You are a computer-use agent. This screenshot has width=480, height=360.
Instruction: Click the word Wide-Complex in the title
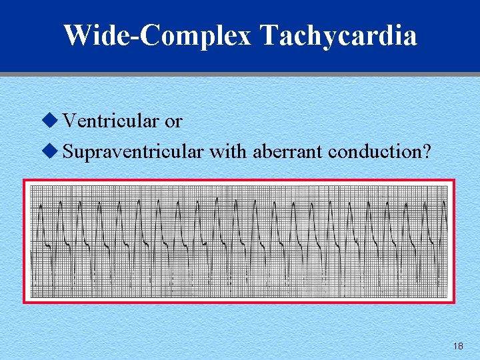click(x=157, y=35)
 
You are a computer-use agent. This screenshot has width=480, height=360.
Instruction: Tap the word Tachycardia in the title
click(x=339, y=35)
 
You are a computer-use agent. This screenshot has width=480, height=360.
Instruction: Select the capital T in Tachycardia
click(x=269, y=35)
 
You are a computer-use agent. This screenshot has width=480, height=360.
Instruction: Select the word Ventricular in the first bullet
click(x=111, y=121)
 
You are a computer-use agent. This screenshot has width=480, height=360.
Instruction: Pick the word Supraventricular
click(x=133, y=152)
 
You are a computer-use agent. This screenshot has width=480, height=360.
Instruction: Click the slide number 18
click(x=457, y=346)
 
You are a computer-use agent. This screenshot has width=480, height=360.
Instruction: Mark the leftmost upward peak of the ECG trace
click(x=41, y=207)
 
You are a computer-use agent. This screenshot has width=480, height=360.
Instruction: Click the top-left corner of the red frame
click(x=25, y=181)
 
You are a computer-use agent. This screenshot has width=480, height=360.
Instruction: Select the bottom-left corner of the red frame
click(x=25, y=302)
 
